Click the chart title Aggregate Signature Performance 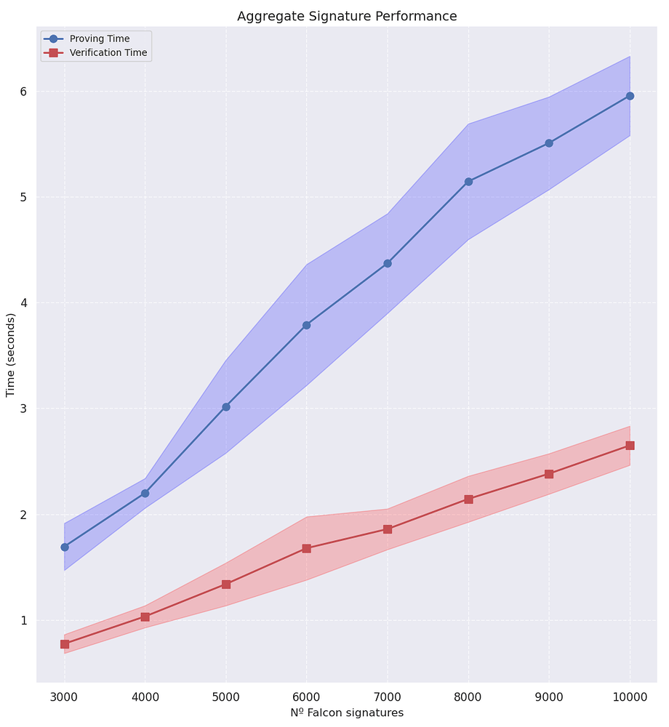[x=347, y=16]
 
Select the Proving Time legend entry [x=100, y=39]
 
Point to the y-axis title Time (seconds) [x=11, y=355]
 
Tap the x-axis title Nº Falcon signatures [x=347, y=713]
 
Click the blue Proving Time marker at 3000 [x=65, y=547]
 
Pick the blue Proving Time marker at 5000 [x=226, y=407]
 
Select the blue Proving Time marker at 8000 [x=468, y=182]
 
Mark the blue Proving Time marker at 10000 [x=630, y=96]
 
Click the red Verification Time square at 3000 [x=65, y=644]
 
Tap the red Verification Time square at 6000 [x=307, y=548]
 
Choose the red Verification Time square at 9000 [x=549, y=474]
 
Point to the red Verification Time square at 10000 [x=630, y=446]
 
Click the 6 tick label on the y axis [x=23, y=92]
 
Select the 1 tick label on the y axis [x=23, y=620]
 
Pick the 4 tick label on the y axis [x=23, y=303]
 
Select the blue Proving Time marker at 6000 [x=307, y=325]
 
